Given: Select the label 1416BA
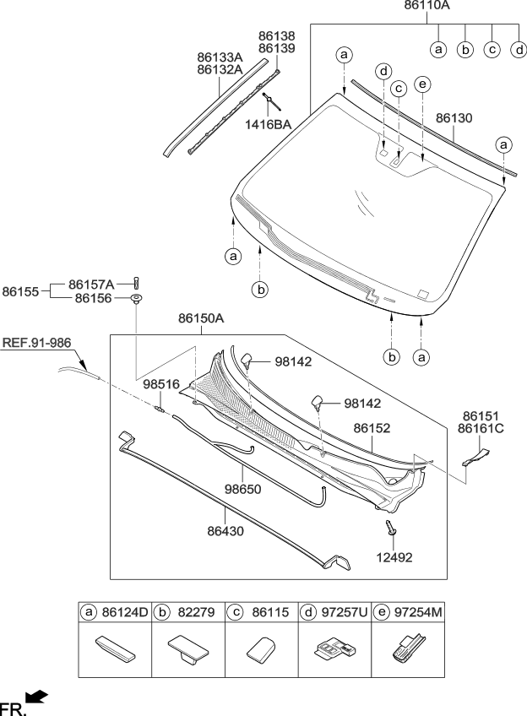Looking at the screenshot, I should (x=269, y=124).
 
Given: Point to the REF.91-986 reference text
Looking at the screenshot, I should (x=36, y=343).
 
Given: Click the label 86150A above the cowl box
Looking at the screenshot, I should (x=201, y=319).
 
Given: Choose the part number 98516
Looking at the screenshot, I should (x=160, y=384).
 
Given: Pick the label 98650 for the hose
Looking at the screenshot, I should (x=243, y=489).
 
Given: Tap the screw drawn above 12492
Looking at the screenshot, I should (x=390, y=529).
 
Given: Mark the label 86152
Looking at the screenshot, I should (x=372, y=429).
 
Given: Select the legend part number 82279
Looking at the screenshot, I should (x=197, y=610).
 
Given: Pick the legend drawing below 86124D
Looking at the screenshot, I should (x=115, y=651).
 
